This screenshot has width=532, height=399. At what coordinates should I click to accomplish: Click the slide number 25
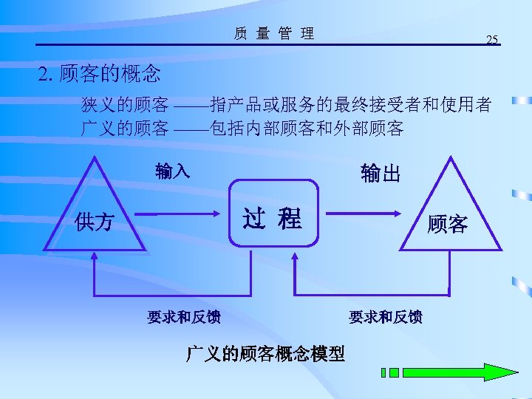pyautogui.click(x=492, y=38)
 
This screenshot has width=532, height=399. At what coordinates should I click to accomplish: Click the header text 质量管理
pyautogui.click(x=273, y=33)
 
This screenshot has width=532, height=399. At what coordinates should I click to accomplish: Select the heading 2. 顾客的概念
pyautogui.click(x=100, y=74)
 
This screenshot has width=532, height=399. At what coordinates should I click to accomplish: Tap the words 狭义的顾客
pyautogui.click(x=124, y=104)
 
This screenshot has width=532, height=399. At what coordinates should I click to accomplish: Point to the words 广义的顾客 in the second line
pyautogui.click(x=124, y=128)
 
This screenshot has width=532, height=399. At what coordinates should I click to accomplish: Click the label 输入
pyautogui.click(x=173, y=171)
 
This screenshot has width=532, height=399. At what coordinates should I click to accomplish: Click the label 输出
pyautogui.click(x=381, y=174)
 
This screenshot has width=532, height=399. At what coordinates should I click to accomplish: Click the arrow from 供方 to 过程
pyautogui.click(x=185, y=215)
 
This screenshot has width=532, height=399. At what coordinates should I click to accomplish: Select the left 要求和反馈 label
pyautogui.click(x=183, y=317)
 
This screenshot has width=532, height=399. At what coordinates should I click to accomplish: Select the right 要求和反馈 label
pyautogui.click(x=385, y=317)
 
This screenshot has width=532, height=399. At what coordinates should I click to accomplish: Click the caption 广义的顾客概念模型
pyautogui.click(x=265, y=354)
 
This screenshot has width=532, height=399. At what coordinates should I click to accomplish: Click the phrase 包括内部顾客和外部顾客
pyautogui.click(x=307, y=128)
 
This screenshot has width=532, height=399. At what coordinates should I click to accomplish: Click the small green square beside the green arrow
pyautogui.click(x=394, y=372)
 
